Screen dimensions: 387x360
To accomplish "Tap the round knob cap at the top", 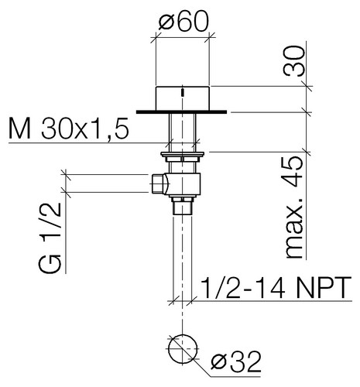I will pyautogui.click(x=183, y=98).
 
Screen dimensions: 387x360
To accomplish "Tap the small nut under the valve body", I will pyautogui.click(x=183, y=206).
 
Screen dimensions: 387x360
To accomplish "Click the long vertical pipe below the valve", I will pyautogui.click(x=183, y=255).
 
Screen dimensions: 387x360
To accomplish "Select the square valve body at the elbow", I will pyautogui.click(x=186, y=183).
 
